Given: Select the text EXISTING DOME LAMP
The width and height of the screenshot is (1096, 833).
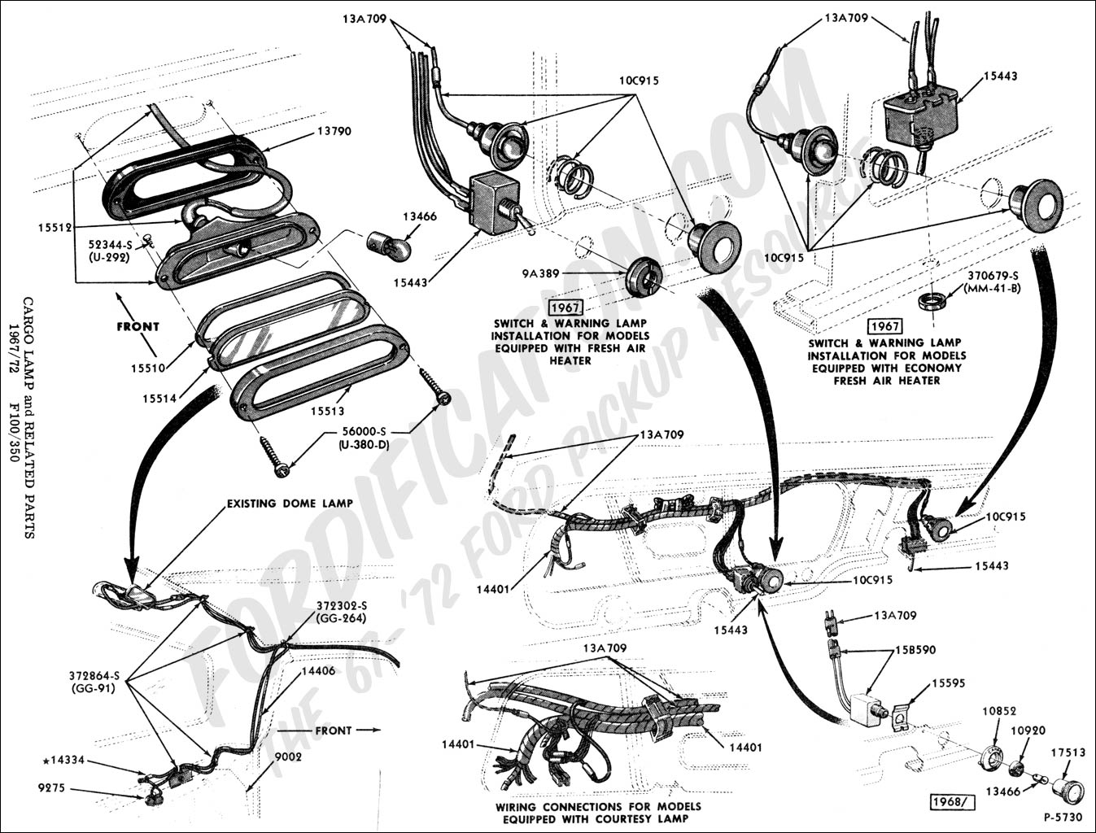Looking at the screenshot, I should point(290,504).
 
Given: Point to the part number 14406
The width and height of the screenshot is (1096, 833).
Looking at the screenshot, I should point(318,671).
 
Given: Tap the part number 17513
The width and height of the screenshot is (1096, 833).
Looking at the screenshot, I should point(1068,752).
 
